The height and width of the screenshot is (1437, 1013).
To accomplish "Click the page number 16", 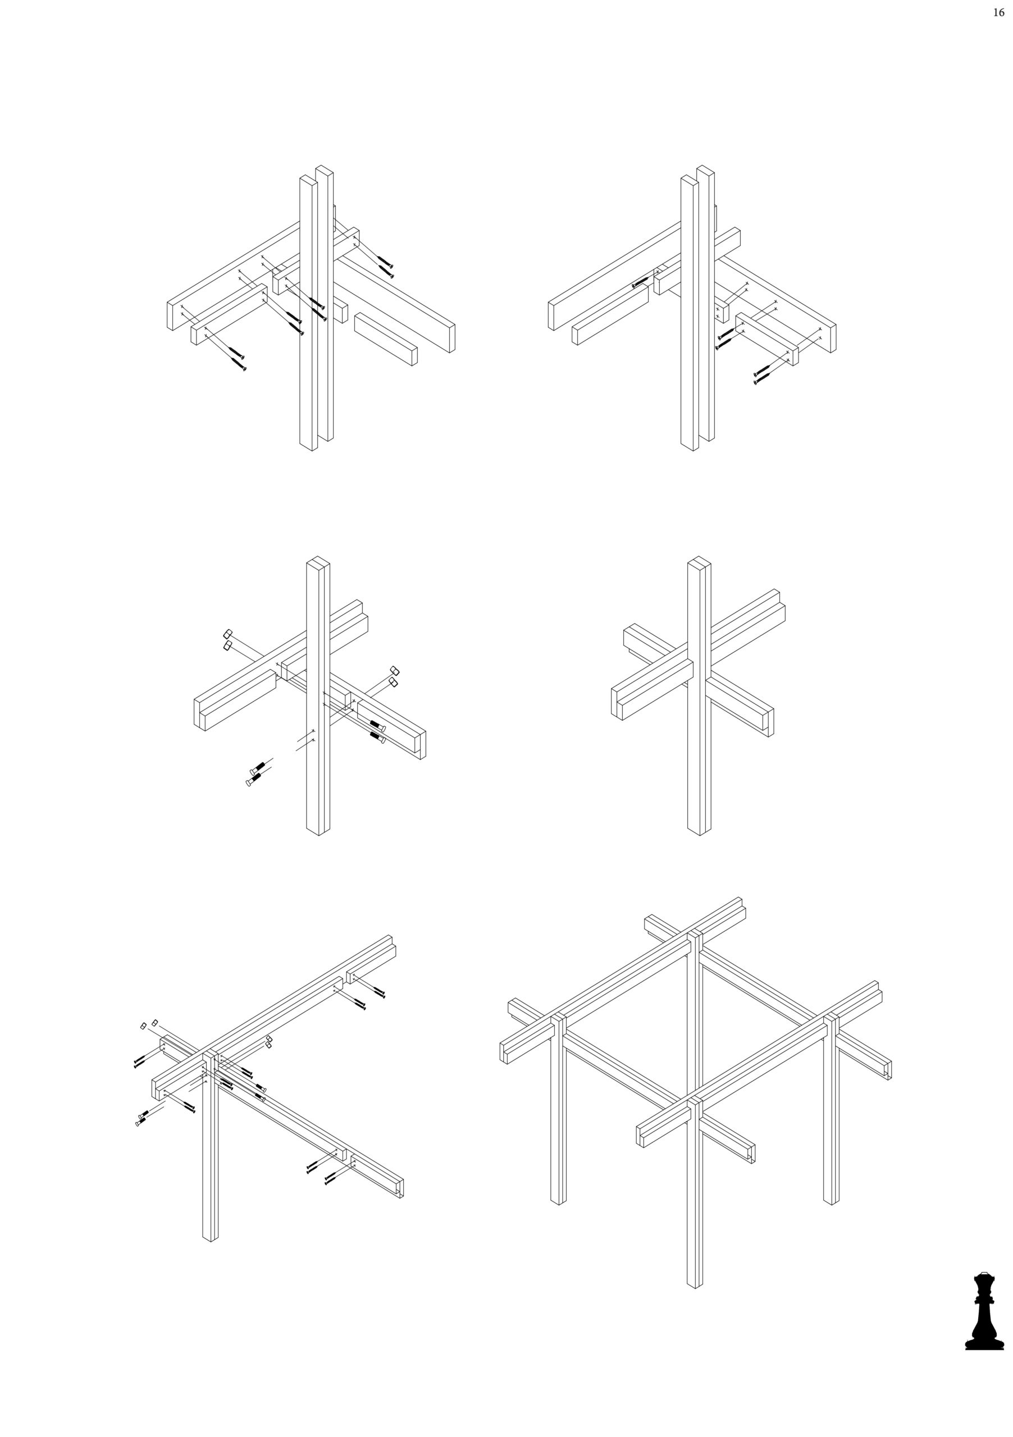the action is coord(998,12).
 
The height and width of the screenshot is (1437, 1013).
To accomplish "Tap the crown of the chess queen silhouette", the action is coord(984,1275).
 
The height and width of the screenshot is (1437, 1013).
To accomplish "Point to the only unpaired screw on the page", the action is coord(642,282).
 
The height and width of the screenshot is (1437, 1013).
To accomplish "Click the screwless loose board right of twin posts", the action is coord(386,338).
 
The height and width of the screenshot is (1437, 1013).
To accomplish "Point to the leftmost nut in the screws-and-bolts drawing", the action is coord(143,1026).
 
